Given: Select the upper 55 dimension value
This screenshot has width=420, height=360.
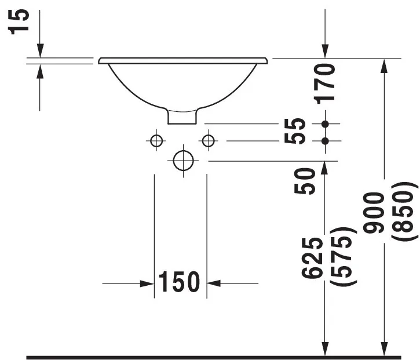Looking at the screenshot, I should pos(298,124).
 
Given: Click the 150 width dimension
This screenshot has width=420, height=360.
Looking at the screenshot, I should pos(180,282).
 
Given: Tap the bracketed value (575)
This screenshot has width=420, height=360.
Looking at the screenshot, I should pos(342,256).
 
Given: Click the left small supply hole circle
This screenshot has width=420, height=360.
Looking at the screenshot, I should pos(155,140).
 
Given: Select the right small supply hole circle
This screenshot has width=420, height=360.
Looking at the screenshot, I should pos(208,140).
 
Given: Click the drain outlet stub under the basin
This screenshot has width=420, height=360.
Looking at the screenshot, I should pos(182,117).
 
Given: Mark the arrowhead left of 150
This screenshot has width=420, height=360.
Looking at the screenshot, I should pos(147,283).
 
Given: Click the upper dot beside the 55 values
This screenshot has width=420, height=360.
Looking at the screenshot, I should pos(324,124).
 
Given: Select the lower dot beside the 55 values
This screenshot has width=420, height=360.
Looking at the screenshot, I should pos(324,141).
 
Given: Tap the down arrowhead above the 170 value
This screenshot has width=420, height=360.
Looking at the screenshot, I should pos(325,52).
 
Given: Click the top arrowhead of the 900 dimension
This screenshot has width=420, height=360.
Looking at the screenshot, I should pos(384,65).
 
